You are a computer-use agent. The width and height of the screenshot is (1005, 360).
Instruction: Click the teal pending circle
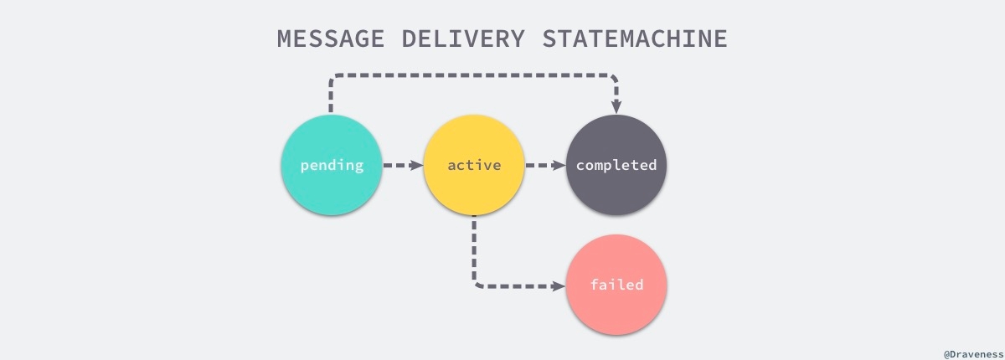click(x=332, y=165)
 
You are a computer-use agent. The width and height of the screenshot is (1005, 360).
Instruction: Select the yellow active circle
click(x=474, y=165)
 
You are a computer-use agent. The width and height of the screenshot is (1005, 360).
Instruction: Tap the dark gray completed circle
click(x=616, y=165)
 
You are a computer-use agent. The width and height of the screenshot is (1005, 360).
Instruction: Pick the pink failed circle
click(x=616, y=285)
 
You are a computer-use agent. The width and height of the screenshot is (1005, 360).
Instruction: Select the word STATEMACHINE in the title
click(x=634, y=39)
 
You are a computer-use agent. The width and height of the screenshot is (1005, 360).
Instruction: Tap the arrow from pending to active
click(x=403, y=165)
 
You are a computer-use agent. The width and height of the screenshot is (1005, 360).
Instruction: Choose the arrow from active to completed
click(x=545, y=165)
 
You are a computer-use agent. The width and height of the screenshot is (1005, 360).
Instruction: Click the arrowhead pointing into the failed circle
click(x=559, y=285)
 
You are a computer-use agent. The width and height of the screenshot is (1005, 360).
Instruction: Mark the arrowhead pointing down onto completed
click(x=616, y=106)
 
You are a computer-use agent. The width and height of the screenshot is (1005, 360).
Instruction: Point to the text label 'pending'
click(x=332, y=165)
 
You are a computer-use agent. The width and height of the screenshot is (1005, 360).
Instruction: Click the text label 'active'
click(x=474, y=165)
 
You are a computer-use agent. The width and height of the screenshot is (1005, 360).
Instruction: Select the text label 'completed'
click(x=616, y=165)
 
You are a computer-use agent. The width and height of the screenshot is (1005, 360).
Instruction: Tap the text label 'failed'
click(x=616, y=285)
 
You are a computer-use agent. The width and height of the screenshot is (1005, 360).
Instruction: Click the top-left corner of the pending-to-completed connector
click(x=333, y=78)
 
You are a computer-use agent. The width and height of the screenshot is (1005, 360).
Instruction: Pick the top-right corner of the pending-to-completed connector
click(x=615, y=78)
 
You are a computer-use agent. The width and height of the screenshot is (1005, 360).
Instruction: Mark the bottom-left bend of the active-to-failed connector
click(x=477, y=284)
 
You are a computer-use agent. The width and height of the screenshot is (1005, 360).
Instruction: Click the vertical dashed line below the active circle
click(x=474, y=247)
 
